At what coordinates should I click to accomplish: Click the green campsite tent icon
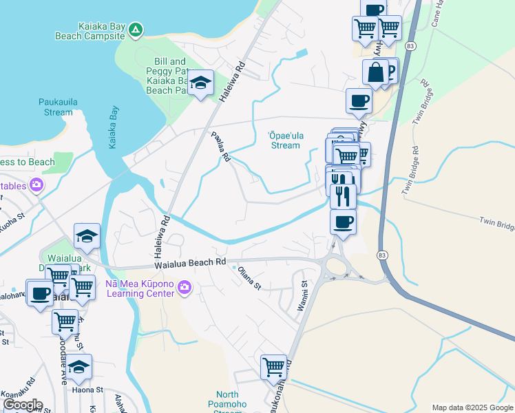pos(136,29)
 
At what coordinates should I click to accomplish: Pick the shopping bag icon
pos(376,72)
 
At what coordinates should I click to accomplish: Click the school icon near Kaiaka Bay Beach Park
pos(200,83)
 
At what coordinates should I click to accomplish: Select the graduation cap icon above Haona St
pos(79,368)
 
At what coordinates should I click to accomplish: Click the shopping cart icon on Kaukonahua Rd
pos(273,366)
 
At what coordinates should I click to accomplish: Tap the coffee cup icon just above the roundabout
pos(343,222)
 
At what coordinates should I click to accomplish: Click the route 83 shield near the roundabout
pos(381,255)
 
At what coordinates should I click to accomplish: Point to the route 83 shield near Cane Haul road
pos(411,45)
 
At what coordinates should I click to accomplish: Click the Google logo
pos(22,405)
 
